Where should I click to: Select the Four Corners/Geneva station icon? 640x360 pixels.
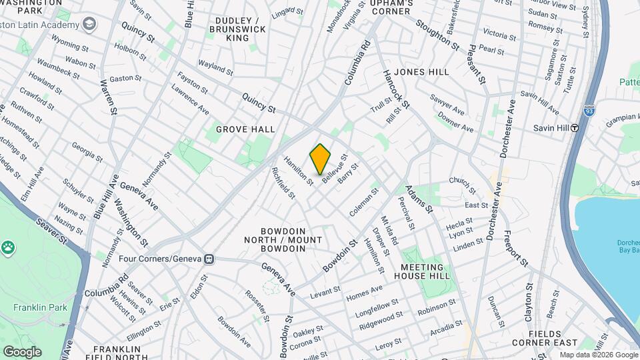(209, 258)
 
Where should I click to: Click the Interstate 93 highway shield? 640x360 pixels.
(588, 106)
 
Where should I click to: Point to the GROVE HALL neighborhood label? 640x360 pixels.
(241, 129)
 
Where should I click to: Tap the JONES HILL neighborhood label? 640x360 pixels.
(421, 71)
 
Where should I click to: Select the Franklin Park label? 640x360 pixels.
(35, 308)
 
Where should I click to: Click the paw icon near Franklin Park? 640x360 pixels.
(8, 248)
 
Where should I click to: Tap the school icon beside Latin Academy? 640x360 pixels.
(88, 25)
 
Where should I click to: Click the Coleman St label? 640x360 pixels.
(364, 201)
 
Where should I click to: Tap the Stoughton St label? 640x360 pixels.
(437, 35)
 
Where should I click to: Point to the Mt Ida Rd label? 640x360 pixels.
(389, 230)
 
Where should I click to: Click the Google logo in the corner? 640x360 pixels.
(22, 351)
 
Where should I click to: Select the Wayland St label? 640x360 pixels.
(215, 67)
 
